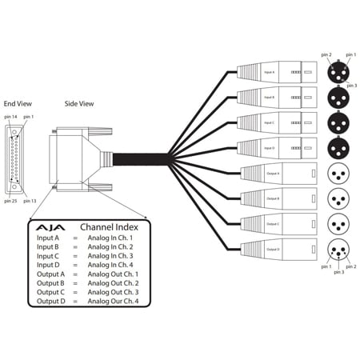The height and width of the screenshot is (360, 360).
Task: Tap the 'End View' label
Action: click(18, 104)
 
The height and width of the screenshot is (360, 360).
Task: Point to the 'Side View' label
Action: click(78, 104)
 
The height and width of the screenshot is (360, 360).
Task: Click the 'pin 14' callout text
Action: click(10, 118)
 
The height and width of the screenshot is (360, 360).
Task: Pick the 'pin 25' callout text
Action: click(10, 201)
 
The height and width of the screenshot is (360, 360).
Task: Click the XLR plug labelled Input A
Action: click(277, 73)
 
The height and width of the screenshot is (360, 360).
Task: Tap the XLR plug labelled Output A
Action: click(275, 174)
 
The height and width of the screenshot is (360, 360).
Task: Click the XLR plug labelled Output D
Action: click(275, 250)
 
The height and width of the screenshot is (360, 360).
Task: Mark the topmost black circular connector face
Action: click(339, 72)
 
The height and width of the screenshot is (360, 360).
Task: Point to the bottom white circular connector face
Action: click(339, 250)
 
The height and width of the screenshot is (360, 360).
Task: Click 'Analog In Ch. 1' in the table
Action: click(110, 238)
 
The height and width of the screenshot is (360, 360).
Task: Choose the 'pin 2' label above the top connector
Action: click(326, 54)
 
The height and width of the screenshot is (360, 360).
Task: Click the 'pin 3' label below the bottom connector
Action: click(338, 273)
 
